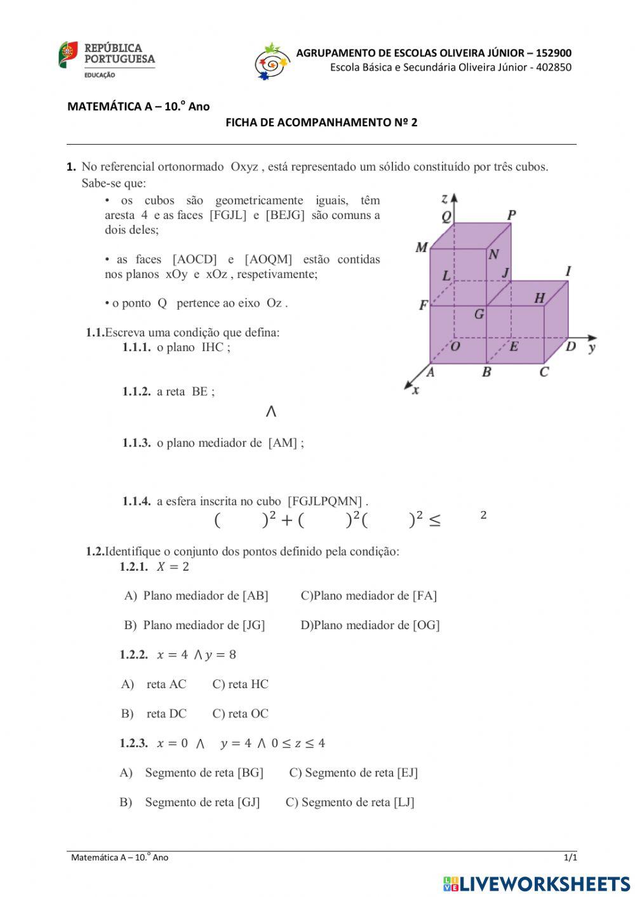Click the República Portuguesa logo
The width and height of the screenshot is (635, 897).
click(107, 60)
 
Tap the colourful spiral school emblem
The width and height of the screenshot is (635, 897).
click(272, 61)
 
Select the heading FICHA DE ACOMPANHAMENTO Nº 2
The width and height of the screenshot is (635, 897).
click(321, 123)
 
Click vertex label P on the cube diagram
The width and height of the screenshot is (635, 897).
click(511, 215)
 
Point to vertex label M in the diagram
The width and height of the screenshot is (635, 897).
click(422, 247)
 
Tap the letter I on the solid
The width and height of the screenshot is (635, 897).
click(568, 271)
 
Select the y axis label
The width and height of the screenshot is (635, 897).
click(592, 347)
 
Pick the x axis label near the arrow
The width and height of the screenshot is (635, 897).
click(416, 390)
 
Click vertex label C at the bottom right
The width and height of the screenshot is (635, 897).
click(544, 372)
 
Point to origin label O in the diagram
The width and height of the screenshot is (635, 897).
click(455, 347)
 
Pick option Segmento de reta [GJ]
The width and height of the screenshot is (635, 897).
click(202, 802)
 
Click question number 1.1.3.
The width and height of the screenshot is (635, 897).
click(137, 443)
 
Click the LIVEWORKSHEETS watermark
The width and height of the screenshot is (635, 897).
click(537, 884)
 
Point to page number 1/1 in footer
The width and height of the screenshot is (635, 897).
click(570, 858)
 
